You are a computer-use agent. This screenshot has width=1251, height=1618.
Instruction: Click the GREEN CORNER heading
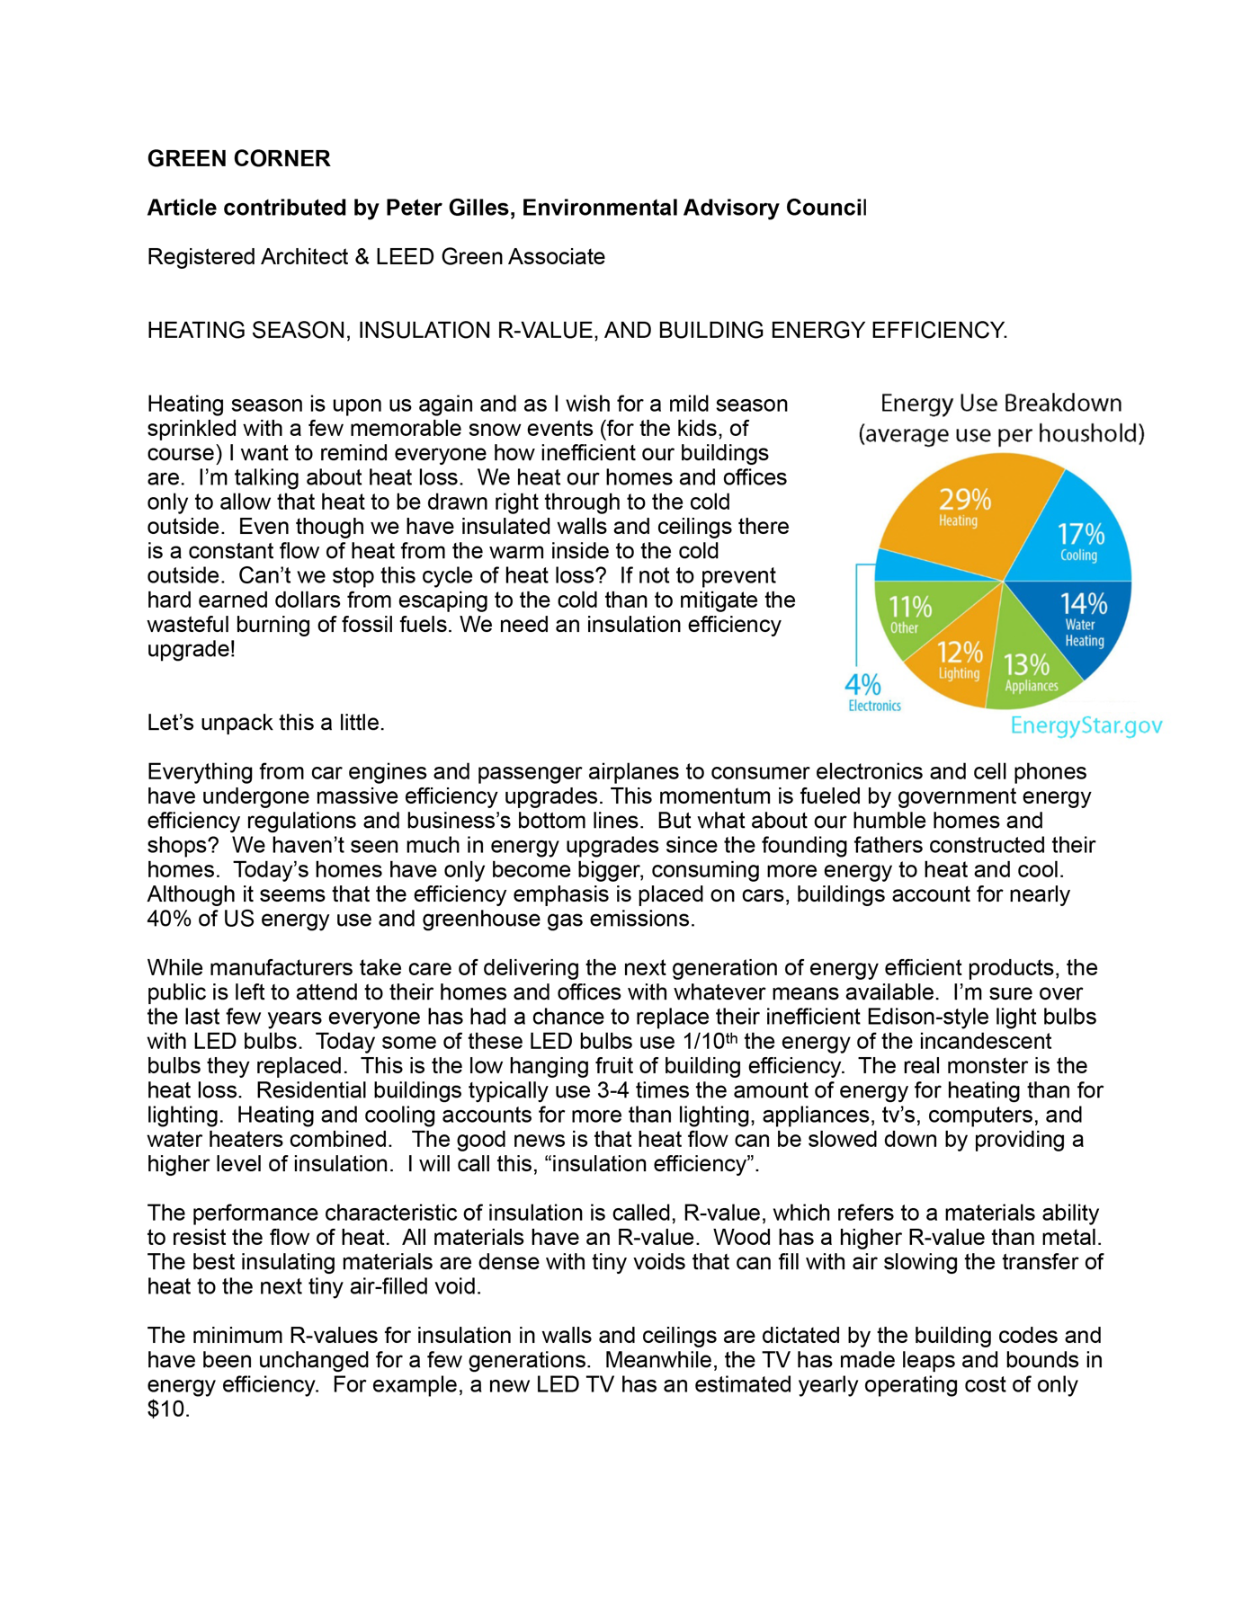[238, 159]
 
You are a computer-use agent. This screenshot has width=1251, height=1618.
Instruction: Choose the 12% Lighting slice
[959, 661]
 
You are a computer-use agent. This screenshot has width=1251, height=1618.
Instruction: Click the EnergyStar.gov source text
[1086, 725]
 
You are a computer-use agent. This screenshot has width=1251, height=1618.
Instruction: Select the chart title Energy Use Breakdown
[1000, 404]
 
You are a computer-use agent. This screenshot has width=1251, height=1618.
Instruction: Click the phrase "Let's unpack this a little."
[265, 723]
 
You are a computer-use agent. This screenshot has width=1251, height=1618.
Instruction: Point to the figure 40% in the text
[165, 919]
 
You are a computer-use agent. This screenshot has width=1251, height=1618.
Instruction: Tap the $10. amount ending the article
[168, 1409]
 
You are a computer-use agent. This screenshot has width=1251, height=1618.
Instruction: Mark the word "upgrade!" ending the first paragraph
[191, 649]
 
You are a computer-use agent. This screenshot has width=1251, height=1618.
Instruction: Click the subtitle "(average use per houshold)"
[1000, 434]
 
